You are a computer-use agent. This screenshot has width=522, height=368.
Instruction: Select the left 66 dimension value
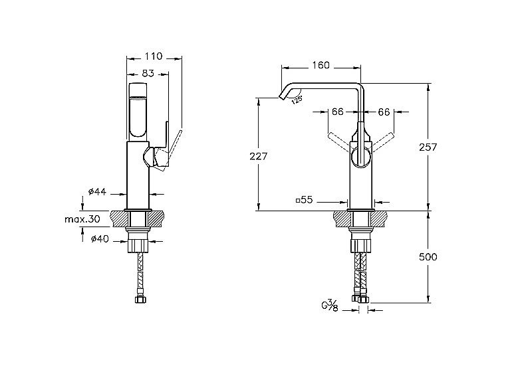(337, 112)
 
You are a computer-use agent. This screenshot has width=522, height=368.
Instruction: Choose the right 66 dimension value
(384, 112)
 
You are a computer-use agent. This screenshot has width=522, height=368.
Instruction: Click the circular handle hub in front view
(362, 157)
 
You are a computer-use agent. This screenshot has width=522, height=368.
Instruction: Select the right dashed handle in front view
(382, 142)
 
